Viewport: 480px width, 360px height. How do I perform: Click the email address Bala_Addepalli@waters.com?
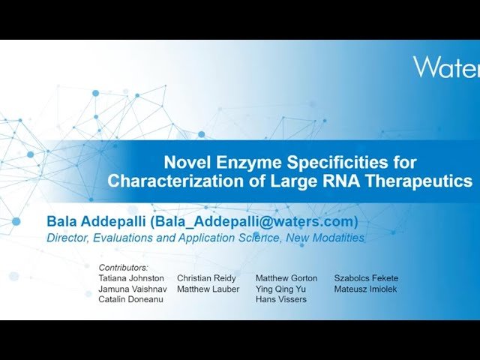click(x=256, y=222)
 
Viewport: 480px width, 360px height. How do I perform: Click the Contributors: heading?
click(x=124, y=267)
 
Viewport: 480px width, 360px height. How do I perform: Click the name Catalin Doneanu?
click(x=130, y=299)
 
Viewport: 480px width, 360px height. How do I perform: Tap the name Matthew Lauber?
click(x=208, y=289)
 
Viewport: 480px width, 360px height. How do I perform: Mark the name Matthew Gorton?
click(x=286, y=278)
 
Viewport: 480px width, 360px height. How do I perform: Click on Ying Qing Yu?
click(x=280, y=289)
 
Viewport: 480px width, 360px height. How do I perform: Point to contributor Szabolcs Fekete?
click(x=366, y=278)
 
